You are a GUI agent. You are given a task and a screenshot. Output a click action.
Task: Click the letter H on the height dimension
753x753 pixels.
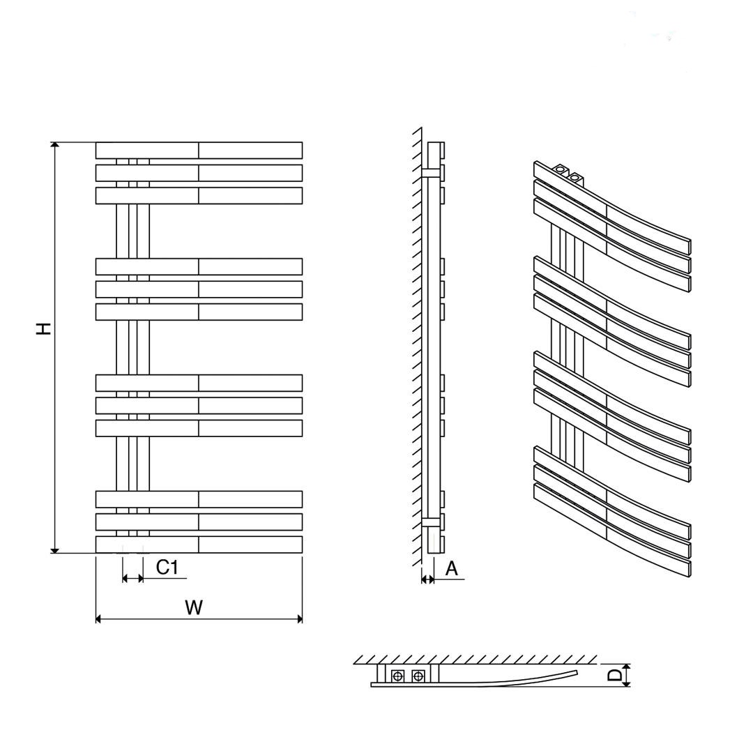pos(44,328)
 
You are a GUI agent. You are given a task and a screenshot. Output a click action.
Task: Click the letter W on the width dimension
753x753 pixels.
pos(194,607)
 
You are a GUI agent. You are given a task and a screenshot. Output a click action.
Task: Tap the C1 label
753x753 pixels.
pos(167,567)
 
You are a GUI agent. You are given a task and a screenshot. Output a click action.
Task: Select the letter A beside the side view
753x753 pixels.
pos(452,569)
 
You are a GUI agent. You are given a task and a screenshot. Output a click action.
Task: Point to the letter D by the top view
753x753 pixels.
pos(614,675)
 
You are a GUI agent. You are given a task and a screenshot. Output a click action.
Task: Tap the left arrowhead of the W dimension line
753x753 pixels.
pos(98,619)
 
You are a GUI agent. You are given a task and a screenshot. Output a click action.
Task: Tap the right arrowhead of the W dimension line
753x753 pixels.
pos(300,619)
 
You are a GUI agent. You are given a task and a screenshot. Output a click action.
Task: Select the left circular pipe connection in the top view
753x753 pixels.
pos(397,676)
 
